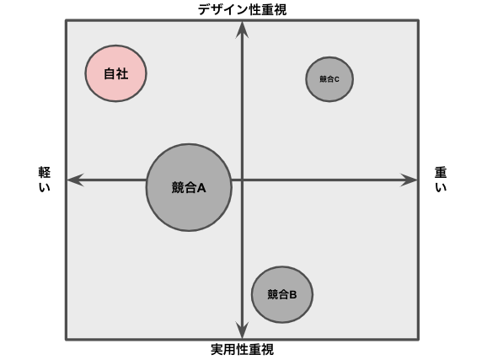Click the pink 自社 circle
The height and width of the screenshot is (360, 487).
115,73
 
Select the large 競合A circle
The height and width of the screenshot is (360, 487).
189,187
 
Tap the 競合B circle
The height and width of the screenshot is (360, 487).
282,294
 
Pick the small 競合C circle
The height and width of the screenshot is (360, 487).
329,79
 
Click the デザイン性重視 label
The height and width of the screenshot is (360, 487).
242,9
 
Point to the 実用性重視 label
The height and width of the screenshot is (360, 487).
243,349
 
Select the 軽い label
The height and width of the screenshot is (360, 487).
45,180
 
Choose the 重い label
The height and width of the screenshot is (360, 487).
441,180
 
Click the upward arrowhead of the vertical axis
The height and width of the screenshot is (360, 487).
242,30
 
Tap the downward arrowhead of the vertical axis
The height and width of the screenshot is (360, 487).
242,330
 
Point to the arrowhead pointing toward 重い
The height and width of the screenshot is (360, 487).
409,180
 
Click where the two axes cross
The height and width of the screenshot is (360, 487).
242,180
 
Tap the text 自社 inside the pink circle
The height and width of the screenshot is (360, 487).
115,73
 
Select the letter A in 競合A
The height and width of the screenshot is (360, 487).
201,188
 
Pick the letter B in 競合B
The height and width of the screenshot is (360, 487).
292,294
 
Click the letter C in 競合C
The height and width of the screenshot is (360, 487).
337,79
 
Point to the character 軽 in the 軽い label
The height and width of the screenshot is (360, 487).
45,173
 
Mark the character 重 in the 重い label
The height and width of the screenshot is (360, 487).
441,173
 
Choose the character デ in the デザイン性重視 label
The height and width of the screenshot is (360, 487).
204,9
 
